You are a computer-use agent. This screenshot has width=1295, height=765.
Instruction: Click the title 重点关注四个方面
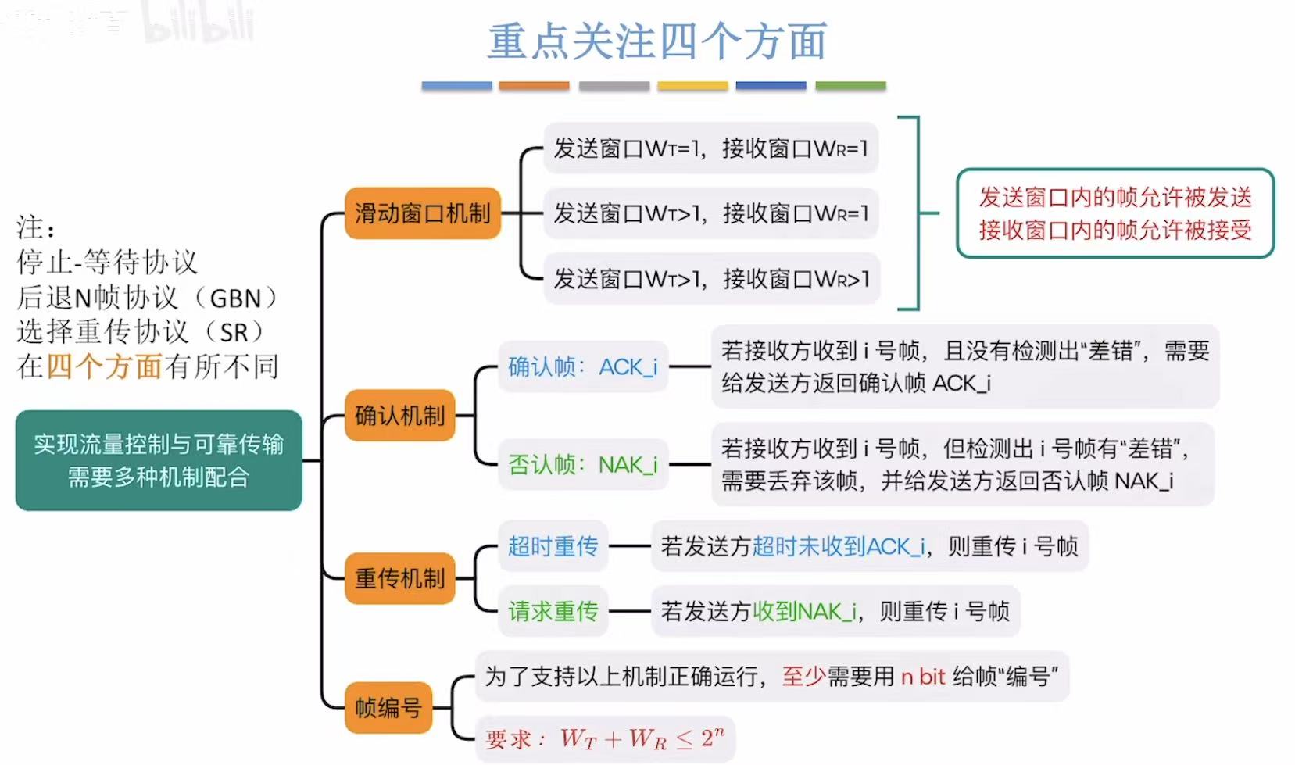click(x=656, y=41)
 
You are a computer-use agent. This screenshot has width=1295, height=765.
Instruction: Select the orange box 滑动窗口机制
click(x=422, y=213)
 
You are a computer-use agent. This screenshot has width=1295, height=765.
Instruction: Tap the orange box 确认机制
click(x=399, y=416)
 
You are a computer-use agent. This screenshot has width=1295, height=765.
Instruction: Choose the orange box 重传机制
click(x=399, y=578)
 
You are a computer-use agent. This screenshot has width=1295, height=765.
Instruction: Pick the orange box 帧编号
click(x=388, y=708)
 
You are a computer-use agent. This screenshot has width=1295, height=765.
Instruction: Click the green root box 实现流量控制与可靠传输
click(x=159, y=460)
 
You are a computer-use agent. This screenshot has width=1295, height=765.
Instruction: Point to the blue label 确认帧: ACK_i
click(x=582, y=366)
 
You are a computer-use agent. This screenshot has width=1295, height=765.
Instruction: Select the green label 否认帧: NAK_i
click(x=582, y=465)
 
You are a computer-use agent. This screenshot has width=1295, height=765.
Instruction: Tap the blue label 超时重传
click(x=553, y=546)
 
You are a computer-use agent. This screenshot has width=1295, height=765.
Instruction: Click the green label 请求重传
click(x=553, y=611)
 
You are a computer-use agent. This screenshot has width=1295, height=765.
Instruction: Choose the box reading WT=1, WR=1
click(x=710, y=148)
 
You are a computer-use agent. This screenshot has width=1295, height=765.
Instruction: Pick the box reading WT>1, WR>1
click(x=711, y=279)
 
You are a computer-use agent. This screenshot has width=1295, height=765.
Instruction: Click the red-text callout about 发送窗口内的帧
click(x=1115, y=213)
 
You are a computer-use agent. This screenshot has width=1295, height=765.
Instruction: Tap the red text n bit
click(x=923, y=677)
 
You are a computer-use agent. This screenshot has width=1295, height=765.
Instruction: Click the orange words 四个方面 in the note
click(x=105, y=366)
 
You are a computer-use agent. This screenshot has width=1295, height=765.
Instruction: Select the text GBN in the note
click(x=235, y=298)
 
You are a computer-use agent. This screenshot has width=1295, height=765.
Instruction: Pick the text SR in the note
click(x=234, y=333)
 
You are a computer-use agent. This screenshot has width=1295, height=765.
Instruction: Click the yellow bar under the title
click(x=692, y=86)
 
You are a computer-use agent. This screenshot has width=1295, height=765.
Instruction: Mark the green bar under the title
click(x=850, y=86)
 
